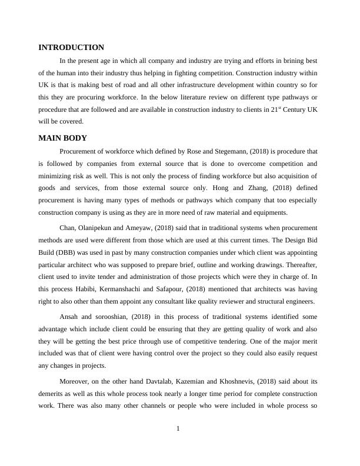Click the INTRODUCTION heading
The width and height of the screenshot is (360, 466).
coord(71,48)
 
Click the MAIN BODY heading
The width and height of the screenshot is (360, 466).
coord(62,138)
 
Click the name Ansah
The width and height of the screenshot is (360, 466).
coord(71,317)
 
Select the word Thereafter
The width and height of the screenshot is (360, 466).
coord(298,264)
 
